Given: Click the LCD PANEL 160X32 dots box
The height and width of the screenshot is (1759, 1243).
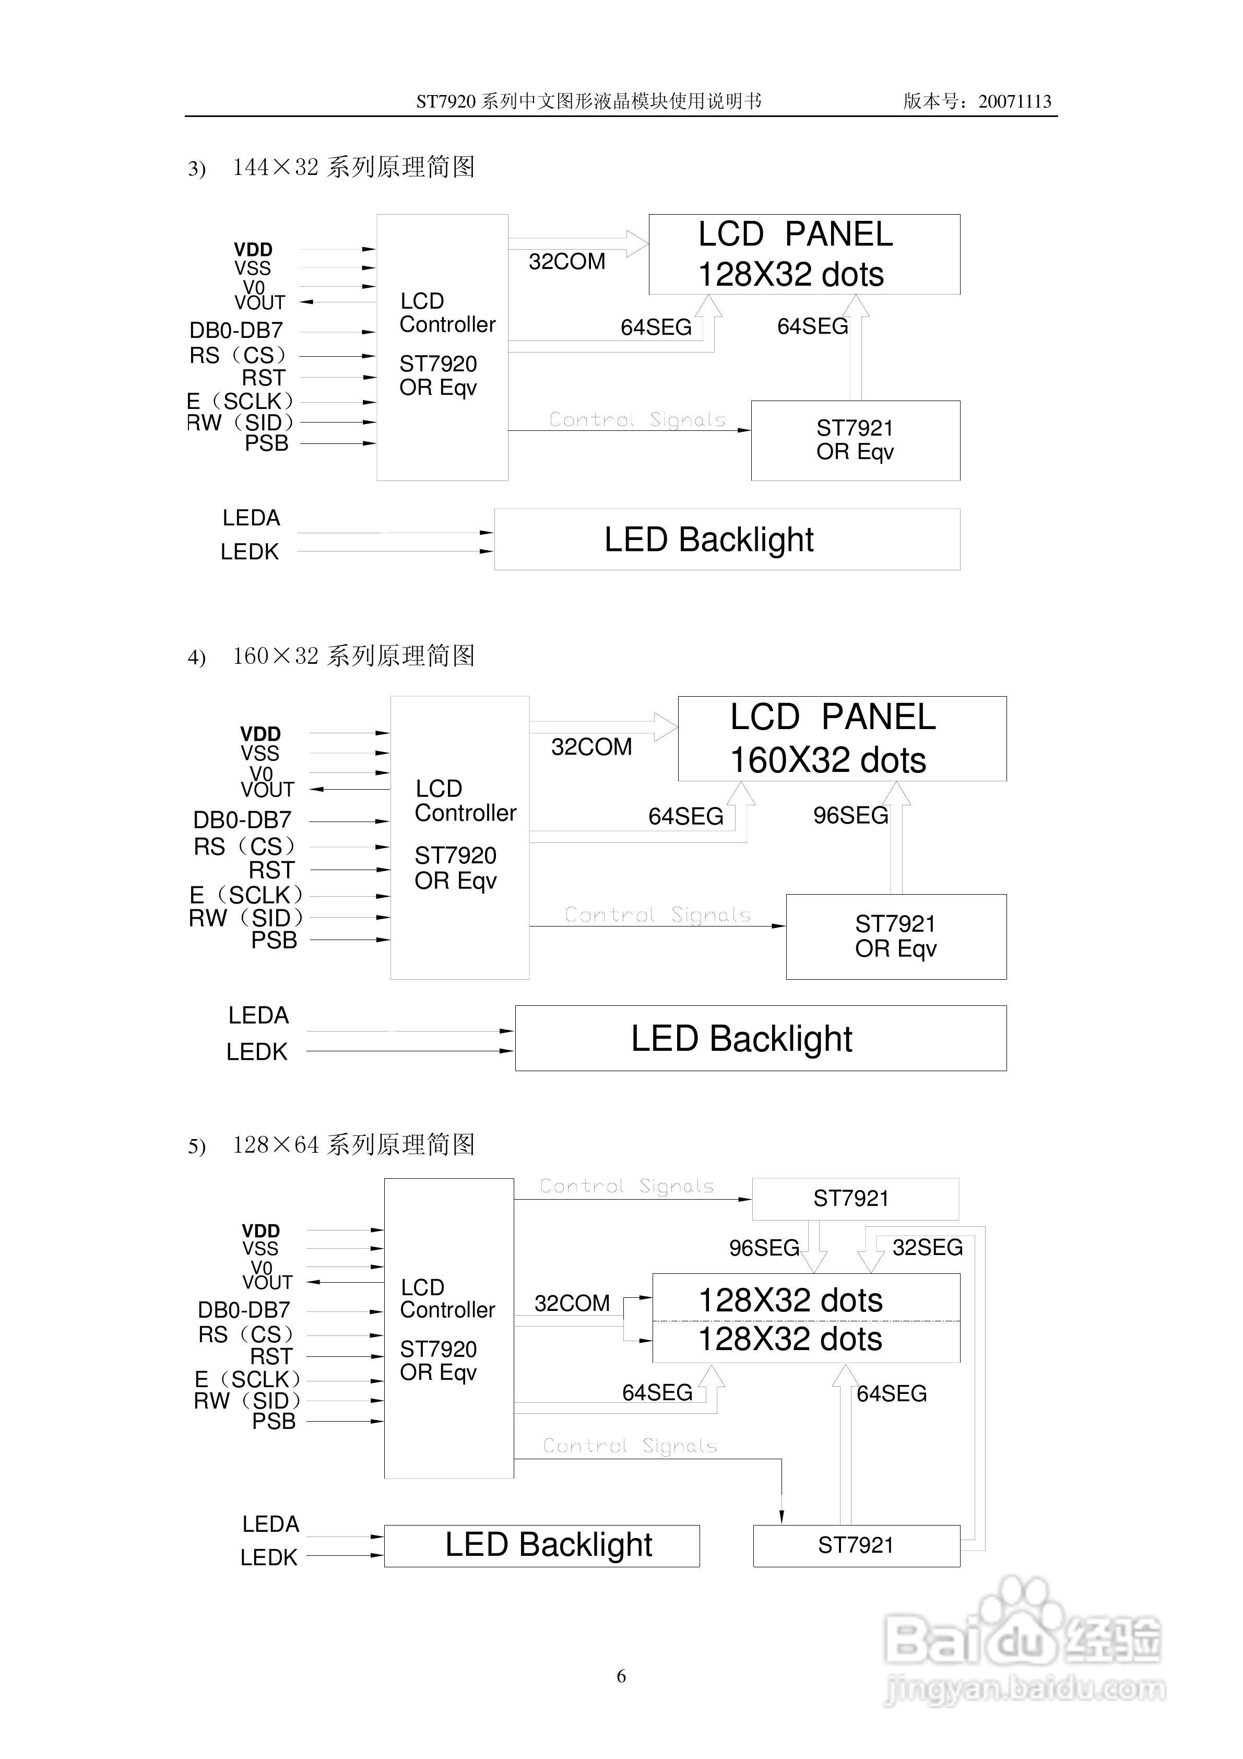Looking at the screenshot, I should [842, 738].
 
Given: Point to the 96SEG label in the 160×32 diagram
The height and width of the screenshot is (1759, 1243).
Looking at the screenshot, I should [850, 815].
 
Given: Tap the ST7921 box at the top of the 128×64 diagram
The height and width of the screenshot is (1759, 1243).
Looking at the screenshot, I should [855, 1198].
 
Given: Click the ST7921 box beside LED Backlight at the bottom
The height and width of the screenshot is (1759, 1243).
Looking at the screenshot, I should [856, 1545].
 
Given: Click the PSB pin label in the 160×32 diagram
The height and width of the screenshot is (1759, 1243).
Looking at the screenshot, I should [274, 940].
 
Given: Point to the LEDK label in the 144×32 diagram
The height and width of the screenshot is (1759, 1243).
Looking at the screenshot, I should [250, 552].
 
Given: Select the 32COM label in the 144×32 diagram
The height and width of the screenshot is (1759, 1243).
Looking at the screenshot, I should [567, 262].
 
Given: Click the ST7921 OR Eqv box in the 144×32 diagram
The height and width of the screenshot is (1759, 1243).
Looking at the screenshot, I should [856, 440].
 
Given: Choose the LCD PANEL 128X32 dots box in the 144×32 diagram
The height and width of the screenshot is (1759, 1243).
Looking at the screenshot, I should [804, 254].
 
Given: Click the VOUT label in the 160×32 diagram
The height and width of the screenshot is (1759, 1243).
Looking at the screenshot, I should [267, 790].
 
